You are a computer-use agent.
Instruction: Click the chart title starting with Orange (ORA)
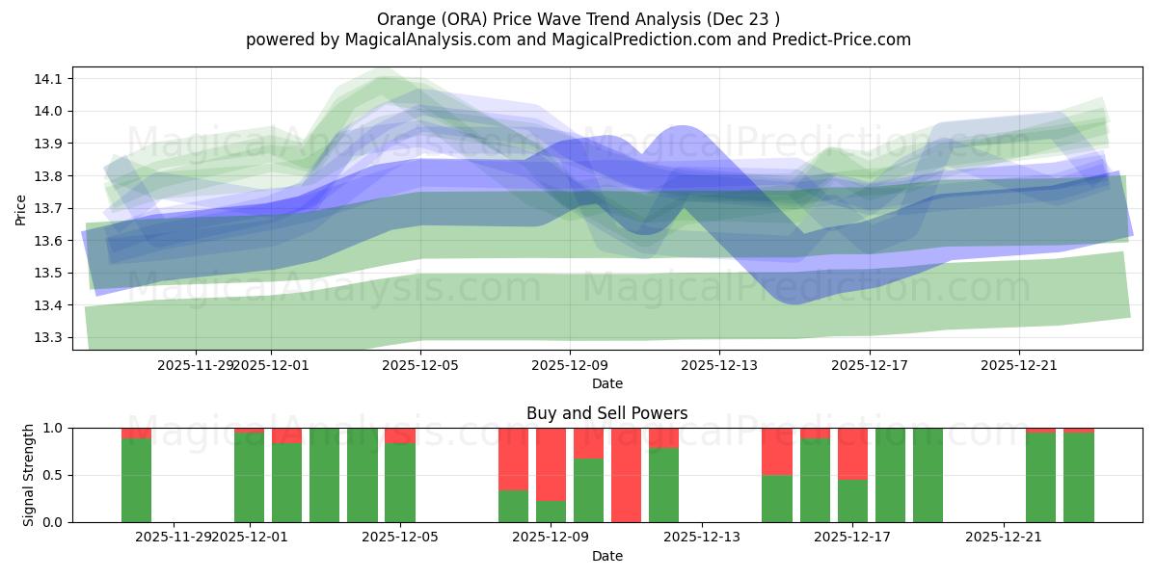point(578,18)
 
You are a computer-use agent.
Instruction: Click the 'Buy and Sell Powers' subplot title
point(607,413)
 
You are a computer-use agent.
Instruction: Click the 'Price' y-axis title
point(21,208)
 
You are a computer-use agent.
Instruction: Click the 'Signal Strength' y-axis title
point(29,475)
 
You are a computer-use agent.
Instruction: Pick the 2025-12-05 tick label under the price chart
point(420,365)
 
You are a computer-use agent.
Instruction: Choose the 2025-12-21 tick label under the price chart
point(1019,365)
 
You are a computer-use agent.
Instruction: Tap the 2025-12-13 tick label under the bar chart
point(701,538)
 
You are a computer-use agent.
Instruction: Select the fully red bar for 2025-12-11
point(626,475)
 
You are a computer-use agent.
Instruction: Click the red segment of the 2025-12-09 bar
point(551,463)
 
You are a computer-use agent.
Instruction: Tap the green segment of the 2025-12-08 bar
point(513,506)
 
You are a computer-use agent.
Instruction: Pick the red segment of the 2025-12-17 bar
point(852,453)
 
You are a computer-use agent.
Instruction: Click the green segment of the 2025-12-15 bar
point(776,498)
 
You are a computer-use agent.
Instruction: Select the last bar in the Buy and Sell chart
point(1079,477)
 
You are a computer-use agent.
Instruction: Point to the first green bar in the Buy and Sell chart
point(136,480)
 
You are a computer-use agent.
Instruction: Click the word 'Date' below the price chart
point(607,383)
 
